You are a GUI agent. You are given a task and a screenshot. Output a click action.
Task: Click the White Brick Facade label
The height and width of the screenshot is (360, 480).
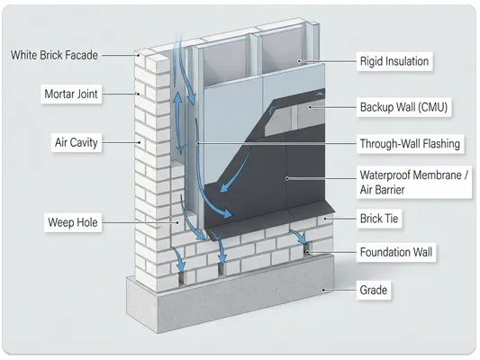coord(54,56)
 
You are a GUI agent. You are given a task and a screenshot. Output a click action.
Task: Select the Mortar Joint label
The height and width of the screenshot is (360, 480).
coord(71,94)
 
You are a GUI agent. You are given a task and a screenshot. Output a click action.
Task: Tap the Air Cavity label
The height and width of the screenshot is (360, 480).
coord(76,142)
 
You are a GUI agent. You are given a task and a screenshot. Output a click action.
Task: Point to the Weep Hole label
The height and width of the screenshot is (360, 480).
coord(73,222)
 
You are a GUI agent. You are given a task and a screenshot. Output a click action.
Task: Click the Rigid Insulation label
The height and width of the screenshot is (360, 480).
coord(394,61)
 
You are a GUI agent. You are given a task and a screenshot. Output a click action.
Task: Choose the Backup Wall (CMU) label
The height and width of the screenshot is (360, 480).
coord(403,107)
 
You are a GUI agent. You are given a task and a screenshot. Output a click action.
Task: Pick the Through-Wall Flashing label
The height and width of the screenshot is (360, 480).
coord(410,143)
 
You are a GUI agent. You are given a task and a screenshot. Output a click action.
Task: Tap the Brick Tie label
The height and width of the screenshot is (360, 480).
coord(379,219)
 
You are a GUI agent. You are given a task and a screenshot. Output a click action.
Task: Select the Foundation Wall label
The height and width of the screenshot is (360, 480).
coord(396,252)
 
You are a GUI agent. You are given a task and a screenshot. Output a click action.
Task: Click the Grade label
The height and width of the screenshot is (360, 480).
coord(374,290)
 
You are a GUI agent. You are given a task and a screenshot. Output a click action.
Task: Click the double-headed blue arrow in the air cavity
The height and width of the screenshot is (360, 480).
coord(180,122)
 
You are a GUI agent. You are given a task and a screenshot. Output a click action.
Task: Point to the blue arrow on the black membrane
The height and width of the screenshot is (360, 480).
coord(234,171)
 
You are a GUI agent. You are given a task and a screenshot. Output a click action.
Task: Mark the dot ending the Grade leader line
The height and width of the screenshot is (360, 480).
coord(323,290)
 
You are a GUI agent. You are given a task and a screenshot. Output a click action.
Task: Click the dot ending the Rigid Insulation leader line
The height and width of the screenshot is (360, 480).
coord(299,61)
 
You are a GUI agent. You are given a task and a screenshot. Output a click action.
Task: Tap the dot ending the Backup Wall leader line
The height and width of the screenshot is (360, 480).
coord(310,107)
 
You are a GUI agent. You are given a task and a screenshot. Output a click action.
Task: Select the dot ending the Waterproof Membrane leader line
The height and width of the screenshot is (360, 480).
coord(287,178)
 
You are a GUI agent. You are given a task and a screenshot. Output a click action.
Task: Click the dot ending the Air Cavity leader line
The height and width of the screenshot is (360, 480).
coord(140,142)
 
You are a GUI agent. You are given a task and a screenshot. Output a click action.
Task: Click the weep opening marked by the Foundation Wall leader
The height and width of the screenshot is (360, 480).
coord(307,249)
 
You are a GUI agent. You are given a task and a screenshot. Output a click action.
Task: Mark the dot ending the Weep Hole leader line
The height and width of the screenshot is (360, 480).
coord(177,222)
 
